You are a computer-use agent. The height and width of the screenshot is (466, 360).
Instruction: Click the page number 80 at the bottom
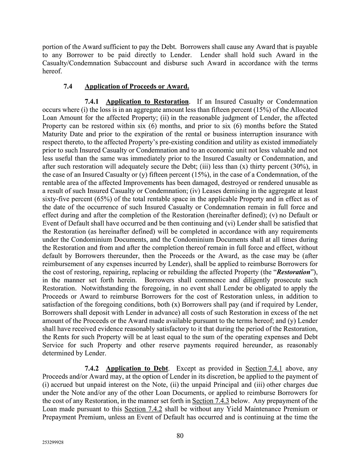(x=180, y=436)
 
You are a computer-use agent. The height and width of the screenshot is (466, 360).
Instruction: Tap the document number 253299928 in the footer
(x=53, y=443)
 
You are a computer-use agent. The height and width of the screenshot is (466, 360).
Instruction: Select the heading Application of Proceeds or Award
(x=137, y=87)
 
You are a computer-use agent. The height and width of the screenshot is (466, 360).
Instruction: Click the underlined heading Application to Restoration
(x=147, y=102)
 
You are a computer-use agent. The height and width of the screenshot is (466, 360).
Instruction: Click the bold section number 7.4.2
(x=93, y=368)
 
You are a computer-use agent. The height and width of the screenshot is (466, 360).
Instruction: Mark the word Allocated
(x=304, y=110)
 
